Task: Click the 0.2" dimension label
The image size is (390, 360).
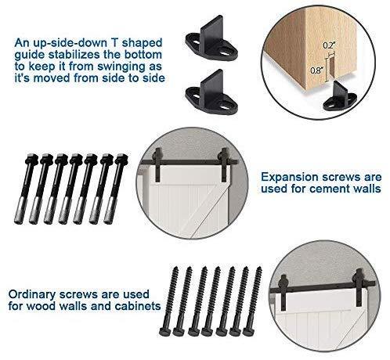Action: [x=329, y=45]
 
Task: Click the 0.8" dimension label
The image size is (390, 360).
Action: [x=317, y=70]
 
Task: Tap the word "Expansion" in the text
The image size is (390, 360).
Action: [x=290, y=178]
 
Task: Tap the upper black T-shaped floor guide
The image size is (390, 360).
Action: [x=211, y=38]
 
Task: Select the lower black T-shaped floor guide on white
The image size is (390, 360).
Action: [x=211, y=92]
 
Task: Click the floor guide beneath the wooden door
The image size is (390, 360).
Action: [x=339, y=97]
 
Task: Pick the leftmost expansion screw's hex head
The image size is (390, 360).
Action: [x=31, y=159]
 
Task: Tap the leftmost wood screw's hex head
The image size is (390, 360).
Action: [x=165, y=332]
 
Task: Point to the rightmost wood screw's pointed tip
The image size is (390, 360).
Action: [x=259, y=268]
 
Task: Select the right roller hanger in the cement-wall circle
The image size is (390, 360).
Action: [x=224, y=164]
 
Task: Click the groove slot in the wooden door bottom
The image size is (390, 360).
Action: [x=330, y=69]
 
